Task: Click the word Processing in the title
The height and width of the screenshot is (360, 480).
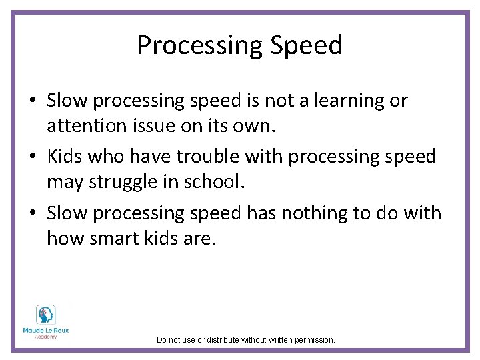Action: (192, 45)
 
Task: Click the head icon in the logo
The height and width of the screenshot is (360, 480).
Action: (46, 315)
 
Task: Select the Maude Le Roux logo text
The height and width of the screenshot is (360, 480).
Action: (46, 331)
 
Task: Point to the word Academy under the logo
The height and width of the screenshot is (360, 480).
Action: (46, 337)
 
